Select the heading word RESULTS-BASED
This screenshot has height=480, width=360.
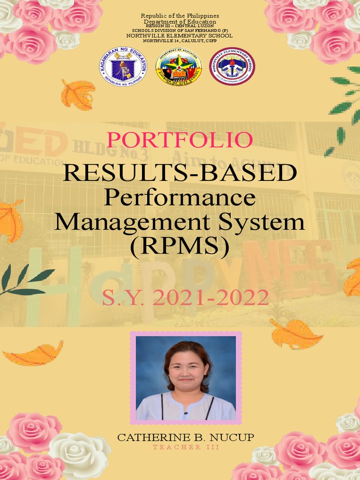pyautogui.click(x=180, y=173)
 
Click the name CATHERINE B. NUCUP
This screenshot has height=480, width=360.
pyautogui.click(x=186, y=438)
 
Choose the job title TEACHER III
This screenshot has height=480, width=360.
pyautogui.click(x=186, y=447)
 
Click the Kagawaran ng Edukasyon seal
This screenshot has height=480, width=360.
pyautogui.click(x=123, y=67)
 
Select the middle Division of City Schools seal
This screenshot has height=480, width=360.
pyautogui.click(x=179, y=67)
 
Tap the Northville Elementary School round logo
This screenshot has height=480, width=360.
pyautogui.click(x=232, y=67)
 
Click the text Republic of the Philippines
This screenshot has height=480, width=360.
pyautogui.click(x=180, y=16)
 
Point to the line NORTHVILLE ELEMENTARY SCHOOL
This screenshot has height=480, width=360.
pyautogui.click(x=180, y=36)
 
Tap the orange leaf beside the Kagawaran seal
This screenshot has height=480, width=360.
pyautogui.click(x=78, y=94)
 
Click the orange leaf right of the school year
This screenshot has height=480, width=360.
pyautogui.click(x=296, y=333)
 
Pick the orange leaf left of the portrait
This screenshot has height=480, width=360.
pyautogui.click(x=34, y=354)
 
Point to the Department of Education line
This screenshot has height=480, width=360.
pyautogui.click(x=180, y=22)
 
